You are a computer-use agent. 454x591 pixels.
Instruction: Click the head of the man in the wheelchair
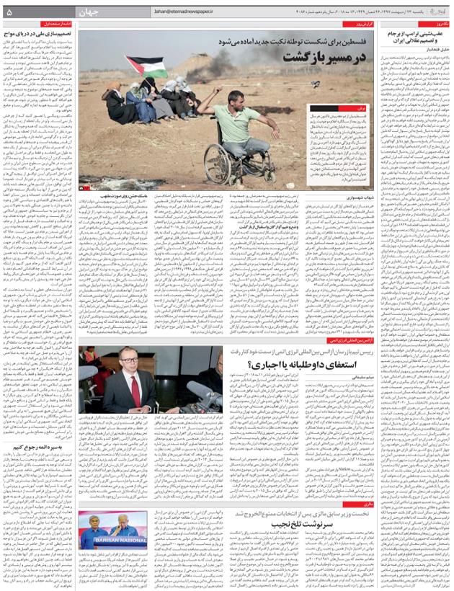pyautogui.click(x=203, y=97)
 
